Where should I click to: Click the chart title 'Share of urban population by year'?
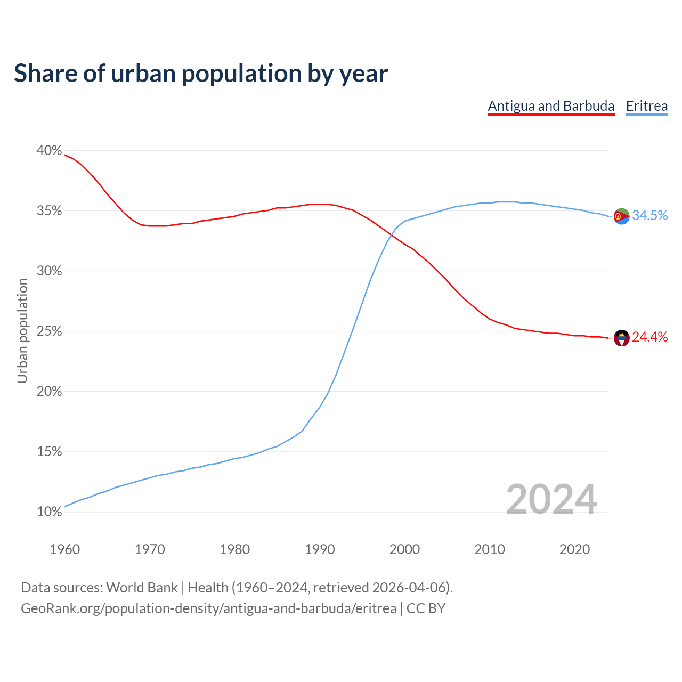[x=201, y=74]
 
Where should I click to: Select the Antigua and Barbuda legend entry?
[x=551, y=106]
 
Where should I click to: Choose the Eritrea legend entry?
[x=646, y=106]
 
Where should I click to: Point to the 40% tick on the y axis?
[x=49, y=151]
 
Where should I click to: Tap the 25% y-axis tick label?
[x=49, y=331]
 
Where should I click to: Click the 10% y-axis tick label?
[x=49, y=512]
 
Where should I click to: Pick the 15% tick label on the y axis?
[x=49, y=452]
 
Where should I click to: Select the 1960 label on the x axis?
[x=64, y=549]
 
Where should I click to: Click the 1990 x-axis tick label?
[x=320, y=549]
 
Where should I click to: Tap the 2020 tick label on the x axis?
[x=574, y=549]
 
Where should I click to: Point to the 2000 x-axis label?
[x=404, y=549]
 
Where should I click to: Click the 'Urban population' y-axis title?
[x=22, y=330]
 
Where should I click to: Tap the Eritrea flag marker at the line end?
[x=622, y=216]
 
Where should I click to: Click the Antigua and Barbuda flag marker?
[x=622, y=338]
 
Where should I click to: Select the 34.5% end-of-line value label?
[x=649, y=215]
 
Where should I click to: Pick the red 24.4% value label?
[x=649, y=337]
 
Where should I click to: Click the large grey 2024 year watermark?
[x=551, y=499]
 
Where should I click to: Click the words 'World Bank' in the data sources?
[x=142, y=588]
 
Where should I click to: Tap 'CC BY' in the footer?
[x=426, y=608]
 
